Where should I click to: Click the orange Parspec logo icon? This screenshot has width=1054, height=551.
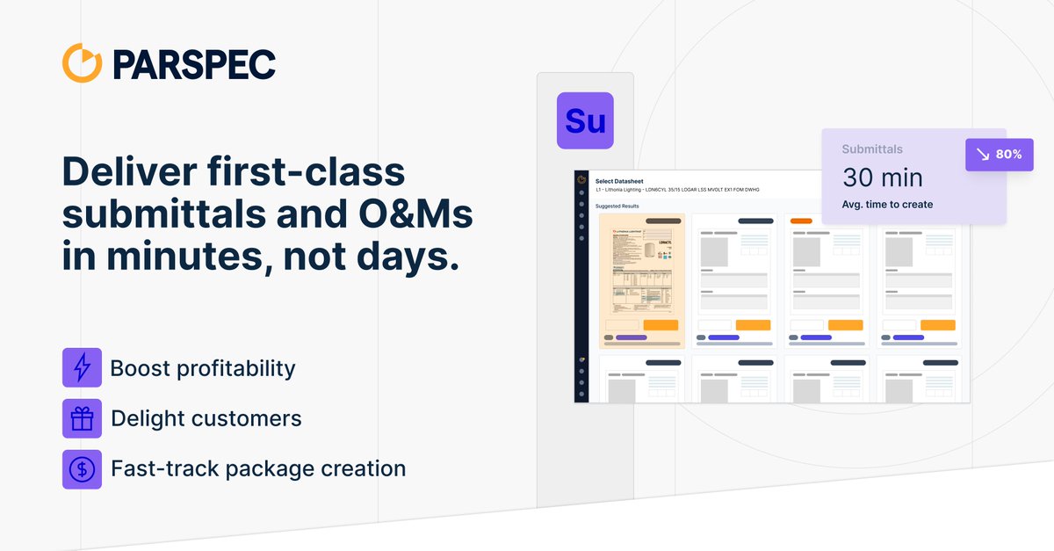pos(83,63)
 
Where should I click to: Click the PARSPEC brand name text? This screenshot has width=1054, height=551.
pos(194,64)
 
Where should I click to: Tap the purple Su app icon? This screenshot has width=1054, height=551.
pos(585,120)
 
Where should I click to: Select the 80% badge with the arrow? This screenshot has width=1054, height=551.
pos(1000,154)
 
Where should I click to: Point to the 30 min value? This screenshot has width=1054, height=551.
pos(882,178)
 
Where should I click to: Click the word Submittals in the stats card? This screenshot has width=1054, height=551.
pos(871,149)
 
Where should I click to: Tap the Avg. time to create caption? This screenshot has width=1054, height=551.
pos(887,205)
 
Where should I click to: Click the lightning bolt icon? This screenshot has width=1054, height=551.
pos(82,368)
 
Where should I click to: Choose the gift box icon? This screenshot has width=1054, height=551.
pos(82,418)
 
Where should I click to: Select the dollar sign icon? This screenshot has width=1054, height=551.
pos(82,469)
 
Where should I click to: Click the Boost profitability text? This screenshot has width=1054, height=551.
pos(203,368)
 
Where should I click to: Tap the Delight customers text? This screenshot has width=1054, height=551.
pos(206,418)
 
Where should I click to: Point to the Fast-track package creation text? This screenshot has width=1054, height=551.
pos(258,468)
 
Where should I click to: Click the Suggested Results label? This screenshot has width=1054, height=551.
pos(617,207)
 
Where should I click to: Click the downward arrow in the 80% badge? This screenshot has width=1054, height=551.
pos(982,155)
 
